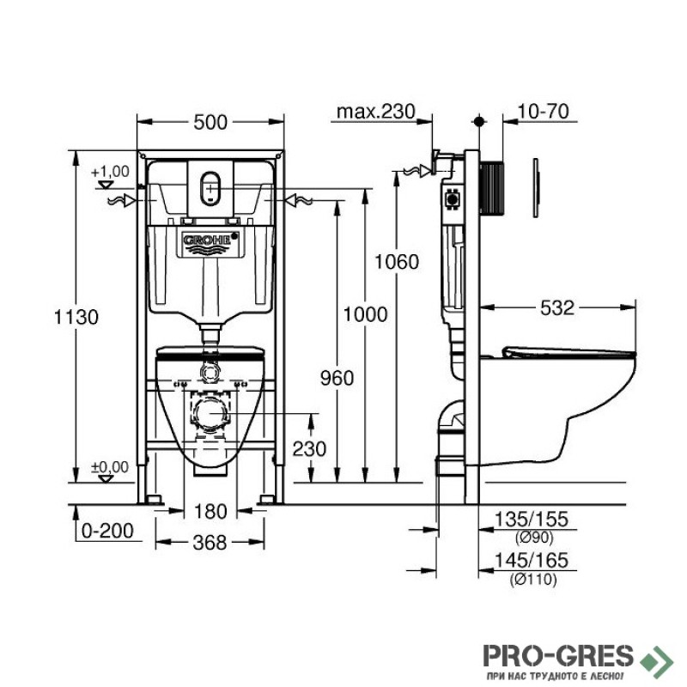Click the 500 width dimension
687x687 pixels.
tap(210, 122)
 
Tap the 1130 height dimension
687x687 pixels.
tap(76, 317)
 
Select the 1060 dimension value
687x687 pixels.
tap(397, 262)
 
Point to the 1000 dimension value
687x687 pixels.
tap(365, 314)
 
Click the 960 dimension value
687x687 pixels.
tap(337, 378)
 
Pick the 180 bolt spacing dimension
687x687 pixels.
tap(210, 511)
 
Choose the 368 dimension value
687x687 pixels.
tap(210, 543)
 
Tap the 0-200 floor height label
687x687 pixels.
tap(107, 531)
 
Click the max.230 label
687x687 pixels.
tap(375, 112)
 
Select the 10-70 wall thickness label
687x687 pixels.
tap(544, 112)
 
